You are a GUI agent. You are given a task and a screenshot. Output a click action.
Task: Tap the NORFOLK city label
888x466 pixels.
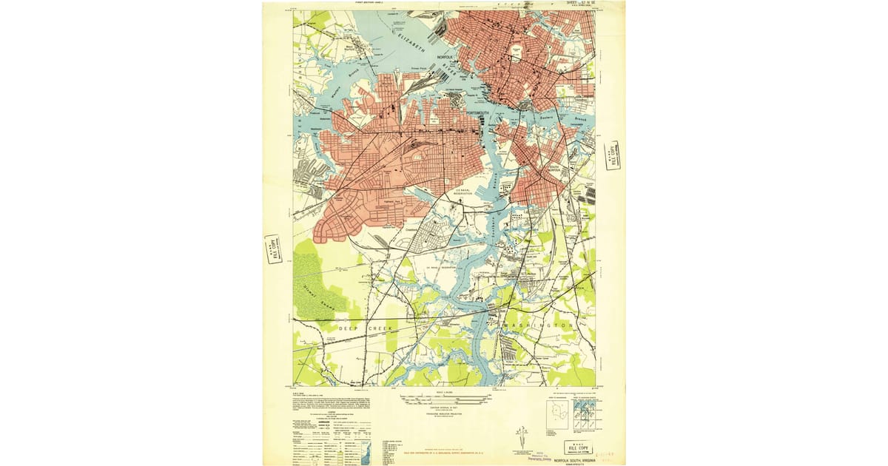coord(445,56)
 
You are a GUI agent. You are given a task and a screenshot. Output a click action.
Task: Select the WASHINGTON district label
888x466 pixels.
coord(536,325)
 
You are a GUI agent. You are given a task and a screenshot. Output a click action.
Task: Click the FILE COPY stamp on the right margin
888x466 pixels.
coord(612,155)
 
